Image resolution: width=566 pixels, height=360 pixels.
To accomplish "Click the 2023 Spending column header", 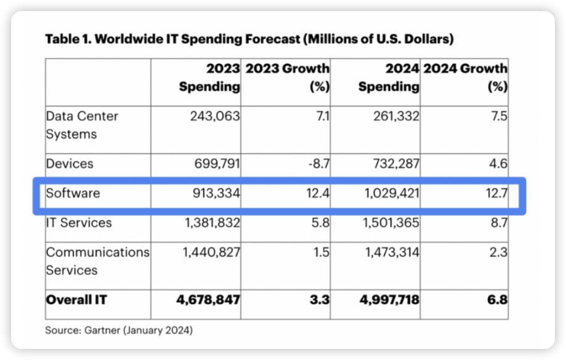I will (209, 78).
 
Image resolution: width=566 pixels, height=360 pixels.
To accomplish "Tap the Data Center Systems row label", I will (82, 124).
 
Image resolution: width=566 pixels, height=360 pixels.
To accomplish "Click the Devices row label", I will (70, 164).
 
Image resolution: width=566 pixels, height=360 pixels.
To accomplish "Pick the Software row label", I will (73, 193).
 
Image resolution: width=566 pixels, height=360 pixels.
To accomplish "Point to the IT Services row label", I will (79, 223).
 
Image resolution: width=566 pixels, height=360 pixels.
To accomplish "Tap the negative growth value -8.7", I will (317, 164).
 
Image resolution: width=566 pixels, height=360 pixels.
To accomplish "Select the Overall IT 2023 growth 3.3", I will (320, 300).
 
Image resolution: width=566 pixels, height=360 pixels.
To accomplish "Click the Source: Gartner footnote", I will (119, 330).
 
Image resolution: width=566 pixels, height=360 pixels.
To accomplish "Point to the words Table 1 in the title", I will (67, 39).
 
